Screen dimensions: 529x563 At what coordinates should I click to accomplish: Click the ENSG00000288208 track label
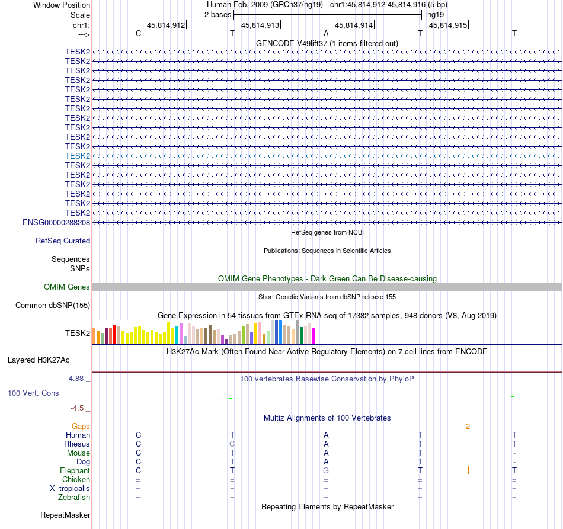[x=56, y=222]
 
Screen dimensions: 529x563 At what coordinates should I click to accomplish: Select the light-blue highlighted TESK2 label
[x=78, y=156]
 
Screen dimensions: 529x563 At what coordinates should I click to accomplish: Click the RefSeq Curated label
[x=63, y=241]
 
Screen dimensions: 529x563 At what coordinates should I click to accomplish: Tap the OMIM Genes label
[x=67, y=287]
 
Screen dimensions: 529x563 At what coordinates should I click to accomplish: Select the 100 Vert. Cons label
[x=33, y=393]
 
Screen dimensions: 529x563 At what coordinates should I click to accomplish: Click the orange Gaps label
[x=81, y=426]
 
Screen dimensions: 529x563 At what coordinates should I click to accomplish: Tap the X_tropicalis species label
[x=70, y=489]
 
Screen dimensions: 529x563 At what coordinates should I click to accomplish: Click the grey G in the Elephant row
[x=326, y=470]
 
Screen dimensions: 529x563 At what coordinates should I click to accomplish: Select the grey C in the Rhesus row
[x=232, y=444]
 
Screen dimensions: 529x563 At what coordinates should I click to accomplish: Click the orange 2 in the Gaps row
[x=468, y=426]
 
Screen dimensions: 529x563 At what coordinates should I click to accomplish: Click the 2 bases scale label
[x=217, y=14]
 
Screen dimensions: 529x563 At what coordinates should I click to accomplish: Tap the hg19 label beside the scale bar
[x=436, y=14]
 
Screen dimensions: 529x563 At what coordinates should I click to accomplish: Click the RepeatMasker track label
[x=65, y=515]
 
